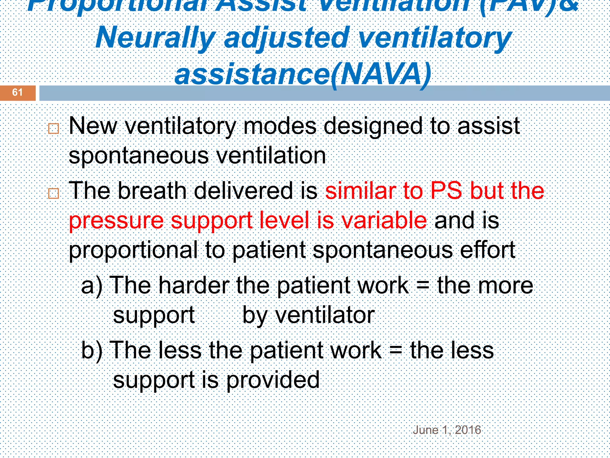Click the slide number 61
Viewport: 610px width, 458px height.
[17, 92]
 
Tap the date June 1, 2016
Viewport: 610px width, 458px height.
[447, 430]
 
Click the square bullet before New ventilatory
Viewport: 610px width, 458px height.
[54, 129]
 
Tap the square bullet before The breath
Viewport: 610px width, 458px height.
[54, 194]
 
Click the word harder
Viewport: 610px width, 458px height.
[194, 286]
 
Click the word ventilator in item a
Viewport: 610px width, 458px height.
[325, 315]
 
